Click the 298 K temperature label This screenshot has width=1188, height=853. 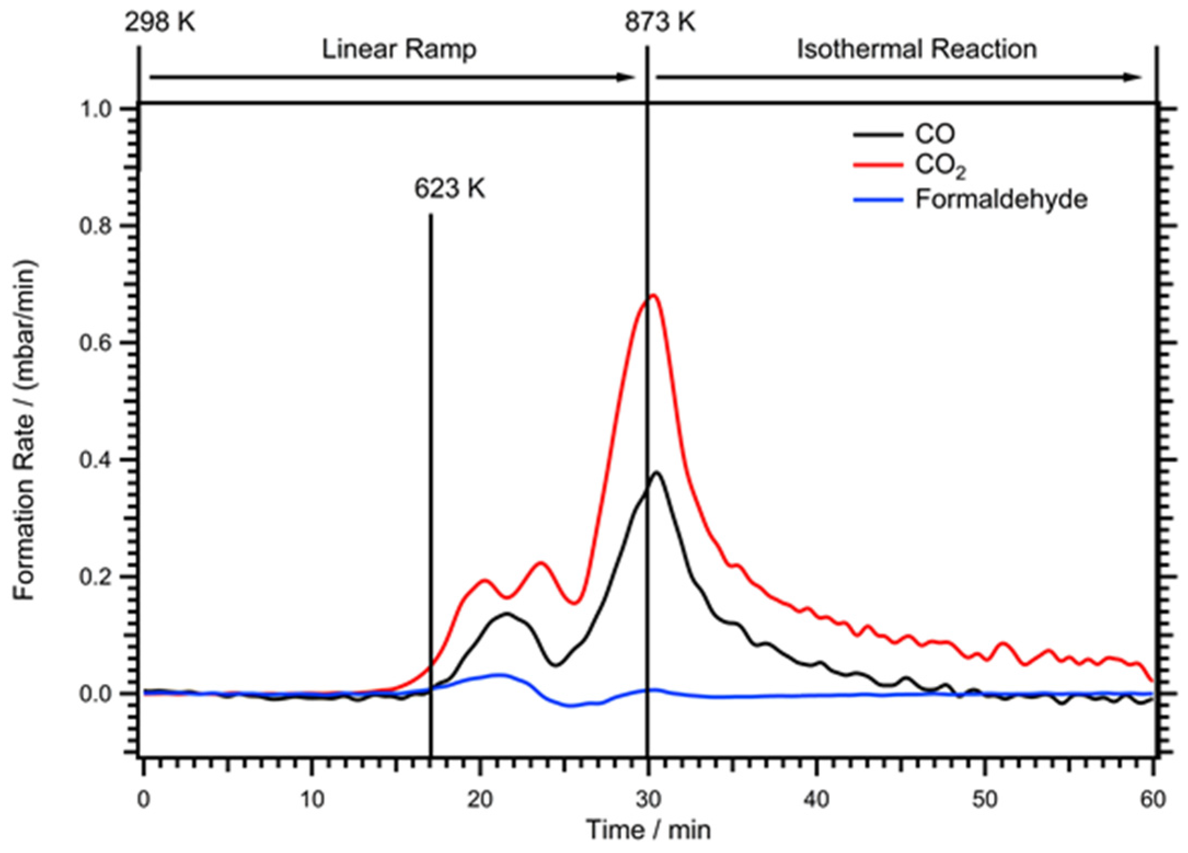159,23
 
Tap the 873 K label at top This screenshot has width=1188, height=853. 660,23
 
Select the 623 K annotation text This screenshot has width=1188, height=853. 449,189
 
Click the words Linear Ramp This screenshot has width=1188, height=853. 399,49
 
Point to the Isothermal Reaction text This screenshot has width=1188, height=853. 917,49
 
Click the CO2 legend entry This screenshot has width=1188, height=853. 940,165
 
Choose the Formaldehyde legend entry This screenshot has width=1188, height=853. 1001,199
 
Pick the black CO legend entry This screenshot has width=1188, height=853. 935,134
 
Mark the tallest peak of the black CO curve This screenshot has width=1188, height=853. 657,472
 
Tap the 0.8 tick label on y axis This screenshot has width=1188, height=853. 99,226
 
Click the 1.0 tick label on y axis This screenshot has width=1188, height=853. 99,109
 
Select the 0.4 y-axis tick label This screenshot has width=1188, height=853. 99,460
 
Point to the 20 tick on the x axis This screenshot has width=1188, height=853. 480,800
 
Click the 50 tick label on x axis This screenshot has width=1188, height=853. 984,800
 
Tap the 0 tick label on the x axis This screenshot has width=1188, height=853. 143,800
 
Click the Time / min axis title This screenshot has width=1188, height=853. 648,830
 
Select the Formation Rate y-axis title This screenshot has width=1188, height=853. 25,430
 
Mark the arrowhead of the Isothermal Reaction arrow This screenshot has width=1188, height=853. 1133,77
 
